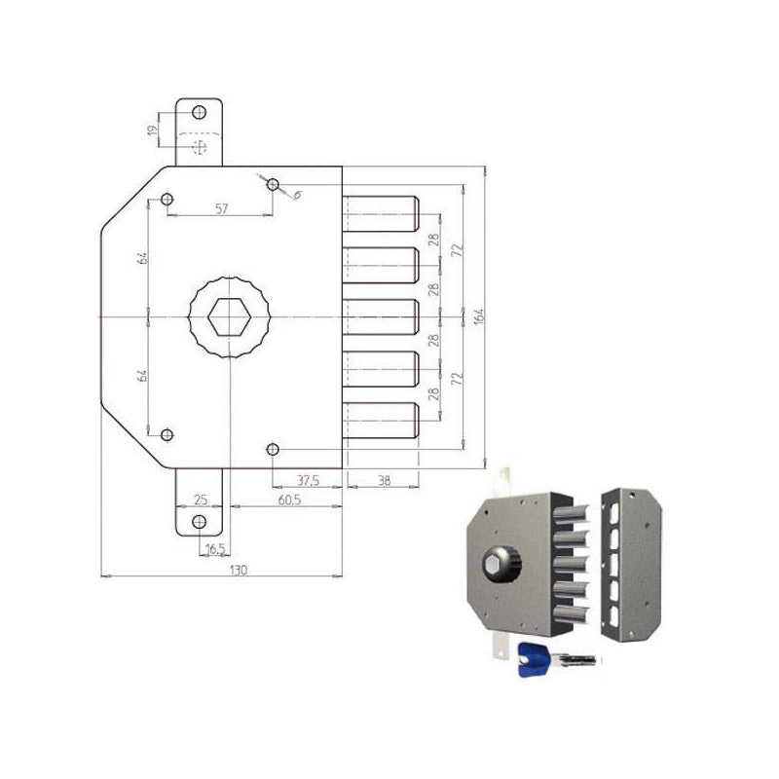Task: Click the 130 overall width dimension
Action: click(222, 569)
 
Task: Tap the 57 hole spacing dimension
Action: click(221, 208)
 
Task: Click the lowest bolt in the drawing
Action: click(381, 420)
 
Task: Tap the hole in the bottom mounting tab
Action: click(200, 522)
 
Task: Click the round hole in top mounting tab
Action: click(200, 111)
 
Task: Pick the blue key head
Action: click(532, 657)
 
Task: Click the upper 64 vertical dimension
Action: click(142, 258)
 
